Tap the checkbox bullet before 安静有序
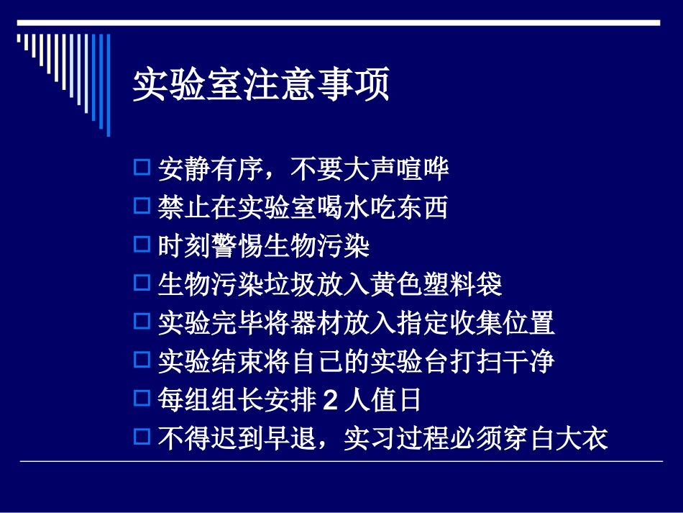[142, 168]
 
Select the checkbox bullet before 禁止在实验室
[142, 207]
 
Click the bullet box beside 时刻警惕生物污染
[142, 245]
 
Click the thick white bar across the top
[338, 23]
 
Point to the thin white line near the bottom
[341, 461]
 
